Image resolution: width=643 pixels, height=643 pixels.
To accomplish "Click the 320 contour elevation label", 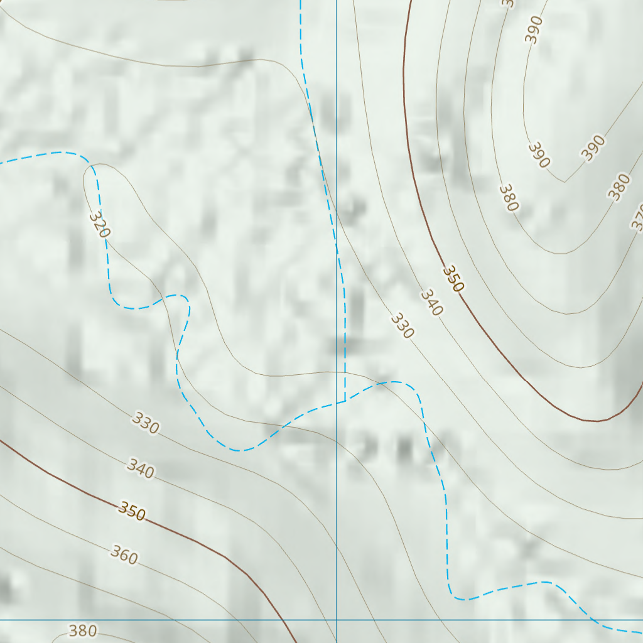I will [99, 224].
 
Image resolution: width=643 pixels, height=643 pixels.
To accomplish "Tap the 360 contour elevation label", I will [124, 554].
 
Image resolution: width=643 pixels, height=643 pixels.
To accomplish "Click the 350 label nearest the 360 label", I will [132, 512].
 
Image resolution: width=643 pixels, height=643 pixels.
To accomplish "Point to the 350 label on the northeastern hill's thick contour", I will [453, 278].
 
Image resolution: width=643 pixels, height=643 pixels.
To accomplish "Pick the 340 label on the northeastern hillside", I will [432, 302].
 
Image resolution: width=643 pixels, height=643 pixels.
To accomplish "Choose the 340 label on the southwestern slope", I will [140, 468].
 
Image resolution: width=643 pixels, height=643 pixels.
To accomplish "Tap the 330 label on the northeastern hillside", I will [402, 325].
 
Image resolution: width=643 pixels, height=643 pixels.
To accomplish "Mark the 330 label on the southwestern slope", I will [146, 425].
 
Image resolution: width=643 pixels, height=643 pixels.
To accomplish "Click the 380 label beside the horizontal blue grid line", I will [82, 630].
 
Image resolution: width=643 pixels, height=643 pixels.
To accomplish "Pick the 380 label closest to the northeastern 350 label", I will [509, 198].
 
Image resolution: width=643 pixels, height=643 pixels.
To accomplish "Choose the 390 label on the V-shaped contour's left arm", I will [539, 155].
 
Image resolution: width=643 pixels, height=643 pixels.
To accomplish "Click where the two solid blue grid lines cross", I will [337, 620].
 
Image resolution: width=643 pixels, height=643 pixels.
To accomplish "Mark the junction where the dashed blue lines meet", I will [345, 401].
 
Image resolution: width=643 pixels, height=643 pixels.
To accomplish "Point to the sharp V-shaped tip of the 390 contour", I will [565, 182].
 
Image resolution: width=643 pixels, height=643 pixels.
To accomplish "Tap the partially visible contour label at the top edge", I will [507, 3].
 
